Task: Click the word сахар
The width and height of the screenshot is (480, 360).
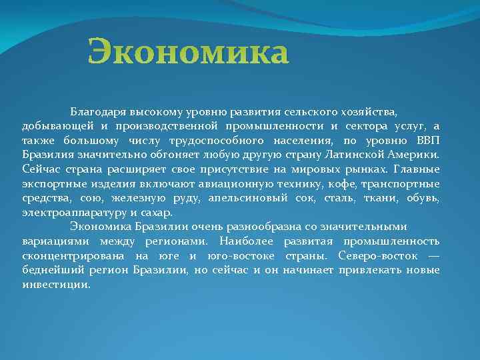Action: coord(157,213)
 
